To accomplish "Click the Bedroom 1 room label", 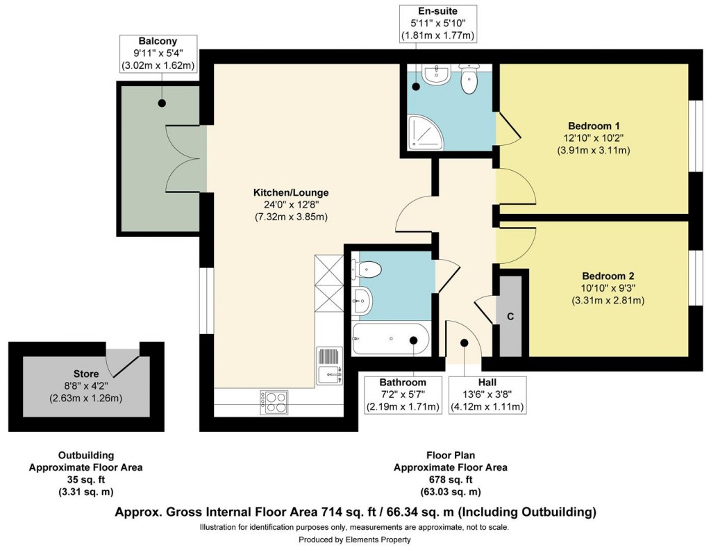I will coord(594,126).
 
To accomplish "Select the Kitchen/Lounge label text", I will coord(290,192).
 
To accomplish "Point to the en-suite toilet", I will coord(470,78).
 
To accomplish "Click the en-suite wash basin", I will coord(436,76).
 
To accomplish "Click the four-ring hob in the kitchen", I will coord(274,402).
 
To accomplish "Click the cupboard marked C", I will coord(510,316).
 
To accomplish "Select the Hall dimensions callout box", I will coord(487,394).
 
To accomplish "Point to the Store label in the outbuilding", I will coord(86,374).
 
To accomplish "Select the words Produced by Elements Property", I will coord(355,539).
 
